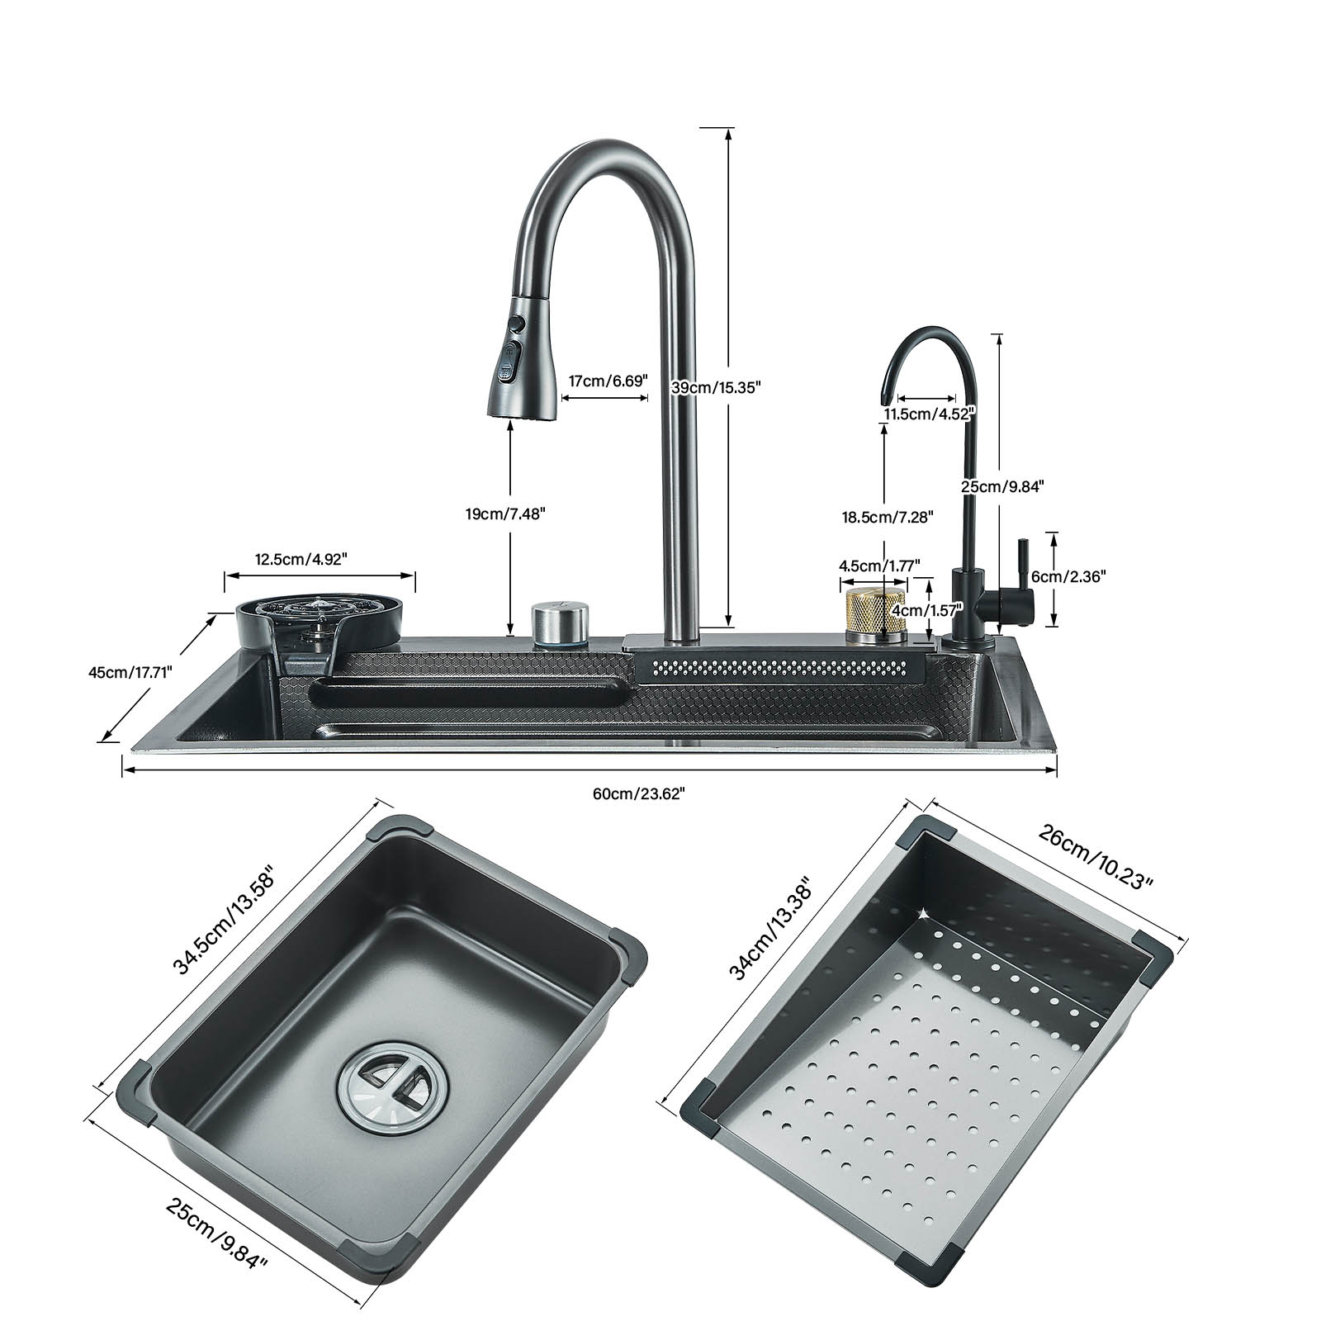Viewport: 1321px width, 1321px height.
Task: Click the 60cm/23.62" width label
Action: click(x=638, y=793)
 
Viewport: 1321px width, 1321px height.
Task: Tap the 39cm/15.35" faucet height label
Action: click(x=715, y=387)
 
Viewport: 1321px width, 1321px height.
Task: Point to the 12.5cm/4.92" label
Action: click(x=301, y=558)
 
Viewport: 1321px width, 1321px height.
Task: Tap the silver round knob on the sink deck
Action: click(x=560, y=623)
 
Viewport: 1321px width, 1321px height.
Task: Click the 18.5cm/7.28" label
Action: click(x=887, y=517)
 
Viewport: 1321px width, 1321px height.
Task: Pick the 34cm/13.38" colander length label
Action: click(x=773, y=930)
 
